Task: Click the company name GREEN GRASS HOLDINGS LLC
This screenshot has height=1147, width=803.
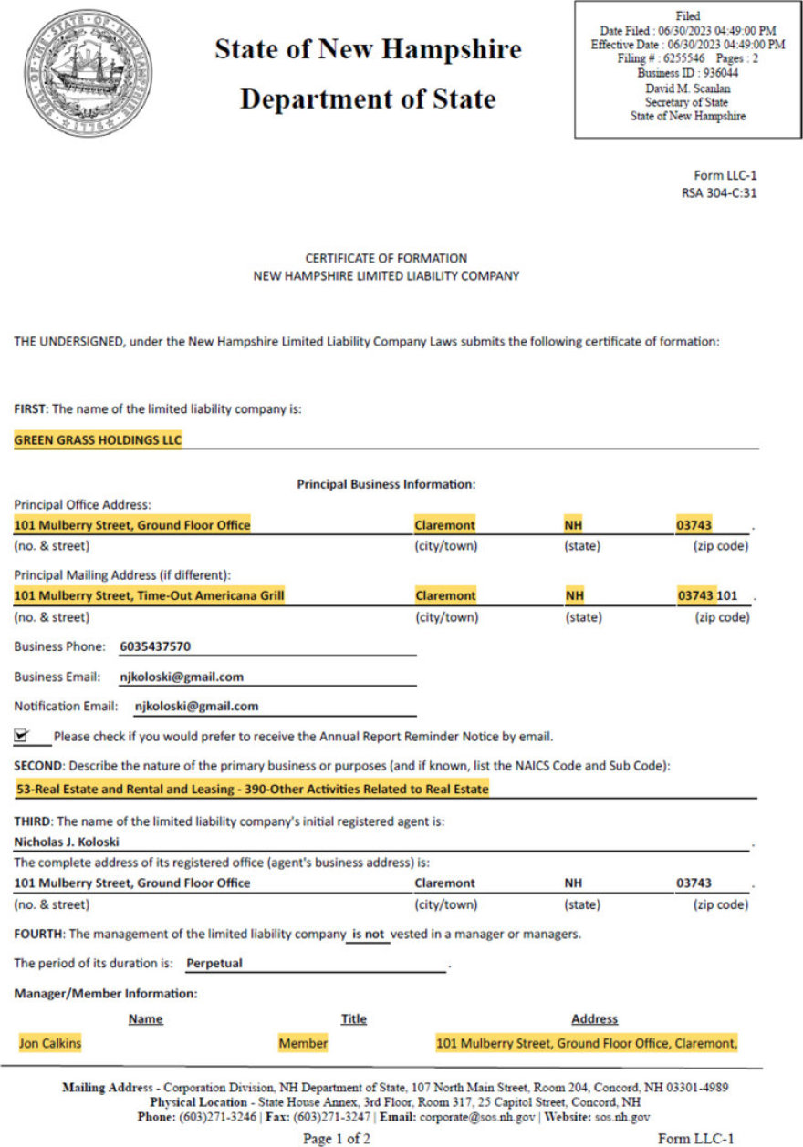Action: pyautogui.click(x=99, y=440)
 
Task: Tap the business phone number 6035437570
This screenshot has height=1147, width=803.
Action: pyautogui.click(x=155, y=646)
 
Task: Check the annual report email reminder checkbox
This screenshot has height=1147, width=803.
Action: pyautogui.click(x=22, y=735)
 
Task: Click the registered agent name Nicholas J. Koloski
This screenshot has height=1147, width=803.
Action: pyautogui.click(x=67, y=842)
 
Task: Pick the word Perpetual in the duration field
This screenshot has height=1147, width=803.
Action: pyautogui.click(x=214, y=963)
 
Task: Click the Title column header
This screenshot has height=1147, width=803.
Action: pyautogui.click(x=353, y=1018)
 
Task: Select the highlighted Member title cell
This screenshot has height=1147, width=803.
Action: pyautogui.click(x=303, y=1043)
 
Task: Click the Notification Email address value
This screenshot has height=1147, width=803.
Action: pyautogui.click(x=196, y=706)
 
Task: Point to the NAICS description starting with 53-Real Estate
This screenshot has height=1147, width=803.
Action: pyautogui.click(x=252, y=789)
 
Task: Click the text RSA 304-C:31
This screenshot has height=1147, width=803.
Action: pyautogui.click(x=719, y=192)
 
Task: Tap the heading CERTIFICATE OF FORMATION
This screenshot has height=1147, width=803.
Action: pyautogui.click(x=386, y=258)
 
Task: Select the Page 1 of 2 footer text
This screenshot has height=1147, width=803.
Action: pyautogui.click(x=337, y=1138)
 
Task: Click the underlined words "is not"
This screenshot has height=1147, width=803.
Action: pyautogui.click(x=368, y=934)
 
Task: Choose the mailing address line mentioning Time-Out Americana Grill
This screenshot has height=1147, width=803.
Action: pyautogui.click(x=150, y=595)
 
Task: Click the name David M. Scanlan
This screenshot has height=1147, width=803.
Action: pyautogui.click(x=687, y=88)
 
